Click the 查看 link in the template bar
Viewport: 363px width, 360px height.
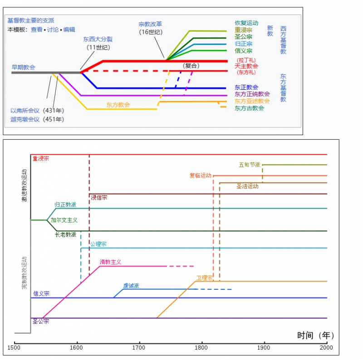tap(36, 29)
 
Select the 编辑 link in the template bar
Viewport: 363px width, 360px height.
tap(69, 29)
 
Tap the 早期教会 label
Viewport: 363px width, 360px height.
tap(24, 67)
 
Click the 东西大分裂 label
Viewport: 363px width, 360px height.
tap(98, 40)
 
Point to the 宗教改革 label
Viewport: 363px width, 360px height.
tap(150, 24)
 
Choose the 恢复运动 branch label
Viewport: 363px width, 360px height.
tap(246, 23)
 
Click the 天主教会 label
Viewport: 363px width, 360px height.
tap(246, 66)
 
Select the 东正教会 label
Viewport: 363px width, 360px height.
tap(246, 87)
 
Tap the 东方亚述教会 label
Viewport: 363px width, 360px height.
tap(252, 101)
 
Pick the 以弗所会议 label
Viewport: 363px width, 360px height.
tap(25, 111)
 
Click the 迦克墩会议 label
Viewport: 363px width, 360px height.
tap(25, 119)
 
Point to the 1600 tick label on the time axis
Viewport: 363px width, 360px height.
tap(77, 348)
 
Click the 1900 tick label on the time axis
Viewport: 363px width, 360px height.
tap(264, 348)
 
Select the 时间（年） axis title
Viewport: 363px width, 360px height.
tap(316, 336)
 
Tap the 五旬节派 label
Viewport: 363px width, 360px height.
tap(250, 165)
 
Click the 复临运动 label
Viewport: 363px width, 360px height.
tap(201, 175)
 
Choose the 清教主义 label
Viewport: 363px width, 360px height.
tap(110, 262)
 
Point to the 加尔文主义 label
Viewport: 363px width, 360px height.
tap(64, 220)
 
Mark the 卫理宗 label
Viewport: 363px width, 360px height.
tap(204, 278)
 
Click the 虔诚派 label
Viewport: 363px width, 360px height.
tap(131, 286)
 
